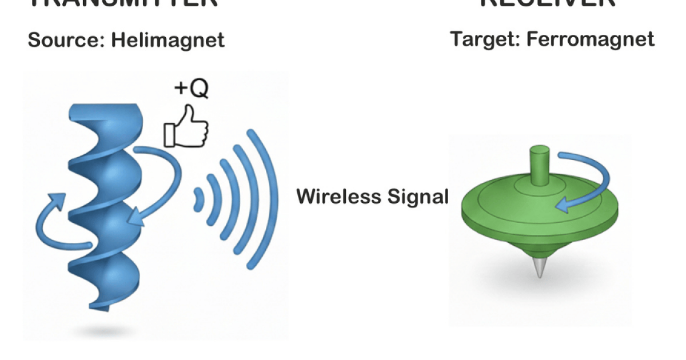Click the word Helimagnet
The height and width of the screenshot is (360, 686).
(167, 41)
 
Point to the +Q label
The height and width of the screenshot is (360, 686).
(191, 90)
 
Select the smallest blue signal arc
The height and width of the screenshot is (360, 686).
(198, 198)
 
